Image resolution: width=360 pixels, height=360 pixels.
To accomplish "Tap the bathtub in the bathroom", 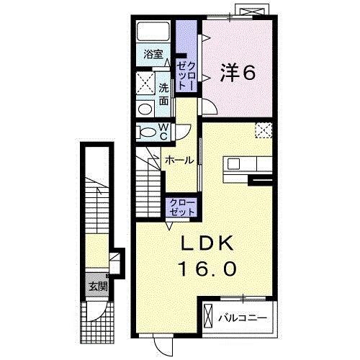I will pyautogui.click(x=153, y=31).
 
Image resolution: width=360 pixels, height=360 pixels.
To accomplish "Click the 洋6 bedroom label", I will pyautogui.click(x=238, y=72).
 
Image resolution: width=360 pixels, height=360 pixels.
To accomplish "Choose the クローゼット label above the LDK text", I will pyautogui.click(x=181, y=208).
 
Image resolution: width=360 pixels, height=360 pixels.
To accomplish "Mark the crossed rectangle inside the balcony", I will pyautogui.click(x=209, y=316).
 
